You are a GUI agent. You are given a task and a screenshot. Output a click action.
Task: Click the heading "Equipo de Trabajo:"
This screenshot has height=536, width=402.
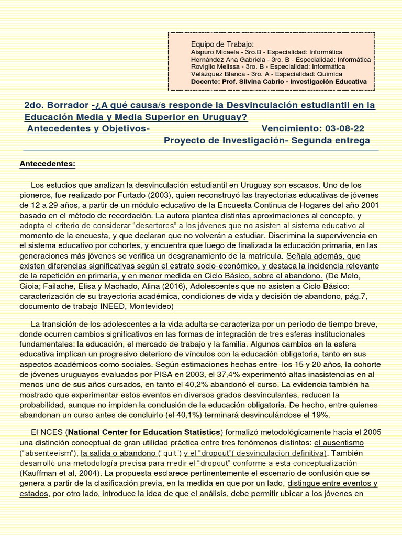(222, 44)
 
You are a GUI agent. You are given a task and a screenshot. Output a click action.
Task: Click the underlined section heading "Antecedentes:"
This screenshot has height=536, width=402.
(48, 164)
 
